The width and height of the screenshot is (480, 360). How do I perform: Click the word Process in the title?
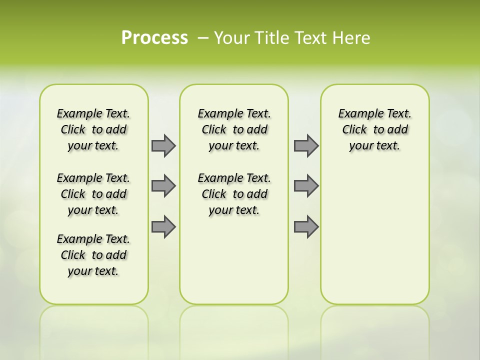[154, 37]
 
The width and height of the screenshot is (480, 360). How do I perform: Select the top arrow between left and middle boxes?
[163, 145]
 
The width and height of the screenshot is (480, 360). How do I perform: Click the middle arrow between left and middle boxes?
[163, 186]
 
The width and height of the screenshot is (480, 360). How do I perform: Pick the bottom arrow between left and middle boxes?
[163, 226]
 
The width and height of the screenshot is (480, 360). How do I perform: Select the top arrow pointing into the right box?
[305, 145]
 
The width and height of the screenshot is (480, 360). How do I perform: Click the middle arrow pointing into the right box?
[305, 186]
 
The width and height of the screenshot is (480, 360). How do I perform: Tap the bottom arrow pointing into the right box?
[305, 226]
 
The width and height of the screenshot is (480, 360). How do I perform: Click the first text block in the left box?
[93, 129]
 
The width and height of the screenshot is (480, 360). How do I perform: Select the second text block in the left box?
[93, 194]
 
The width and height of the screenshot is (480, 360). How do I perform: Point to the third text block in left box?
[93, 255]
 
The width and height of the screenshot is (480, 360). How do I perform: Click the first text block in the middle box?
[234, 129]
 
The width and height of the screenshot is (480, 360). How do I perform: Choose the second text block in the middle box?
[234, 194]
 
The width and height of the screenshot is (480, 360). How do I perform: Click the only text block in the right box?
[375, 129]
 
